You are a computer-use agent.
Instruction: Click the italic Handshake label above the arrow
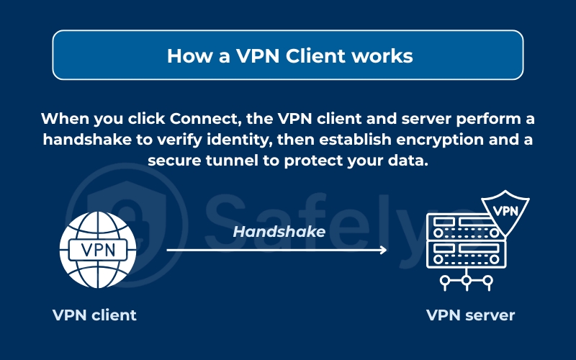click(279, 232)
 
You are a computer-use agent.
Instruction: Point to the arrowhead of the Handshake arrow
click(383, 250)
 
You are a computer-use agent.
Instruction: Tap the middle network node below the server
click(466, 282)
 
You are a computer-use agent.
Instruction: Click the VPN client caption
click(94, 315)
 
